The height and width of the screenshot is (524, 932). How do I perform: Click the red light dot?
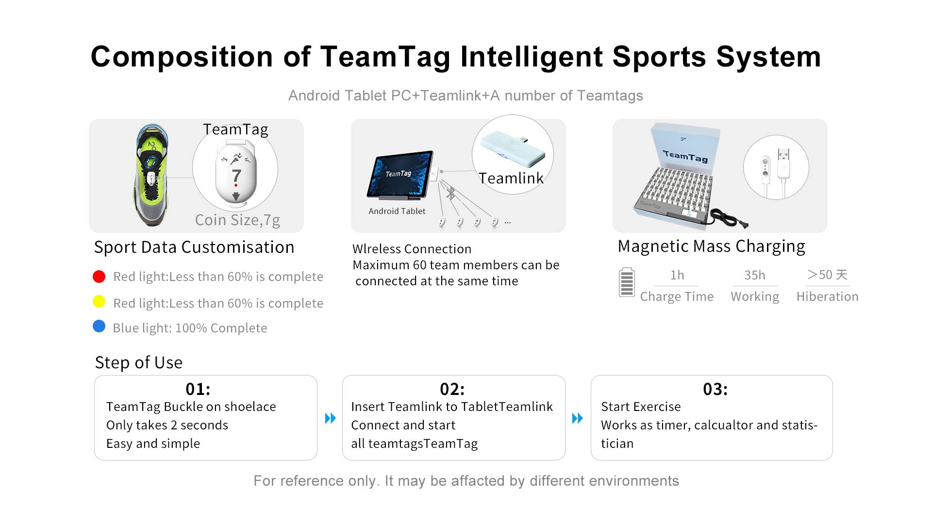tap(99, 277)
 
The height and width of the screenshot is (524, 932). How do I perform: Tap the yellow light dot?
tap(99, 302)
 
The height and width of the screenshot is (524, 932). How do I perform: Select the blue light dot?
tap(99, 326)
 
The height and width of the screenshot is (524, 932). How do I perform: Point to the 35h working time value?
tap(755, 275)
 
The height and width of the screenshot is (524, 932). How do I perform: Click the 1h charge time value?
tap(677, 275)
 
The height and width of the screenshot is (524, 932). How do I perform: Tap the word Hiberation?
tap(827, 296)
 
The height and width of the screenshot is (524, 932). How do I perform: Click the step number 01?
tap(198, 389)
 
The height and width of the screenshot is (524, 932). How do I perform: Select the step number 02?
tap(452, 389)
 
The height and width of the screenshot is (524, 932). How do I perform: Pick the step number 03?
tap(716, 389)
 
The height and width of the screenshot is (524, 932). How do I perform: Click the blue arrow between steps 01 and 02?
tap(330, 418)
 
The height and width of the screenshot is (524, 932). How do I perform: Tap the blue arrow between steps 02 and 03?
tap(578, 418)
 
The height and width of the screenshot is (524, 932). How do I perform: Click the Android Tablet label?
tap(397, 211)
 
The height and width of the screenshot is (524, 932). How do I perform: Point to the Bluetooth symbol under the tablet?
tap(451, 193)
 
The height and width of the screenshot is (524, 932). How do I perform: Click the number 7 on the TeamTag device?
tap(236, 176)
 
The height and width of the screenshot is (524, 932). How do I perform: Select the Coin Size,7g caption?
tap(237, 220)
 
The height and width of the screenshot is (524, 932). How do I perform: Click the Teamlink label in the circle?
tap(511, 179)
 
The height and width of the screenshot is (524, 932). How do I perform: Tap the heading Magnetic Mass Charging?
tap(711, 246)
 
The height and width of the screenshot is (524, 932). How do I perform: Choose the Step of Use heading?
tap(139, 362)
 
